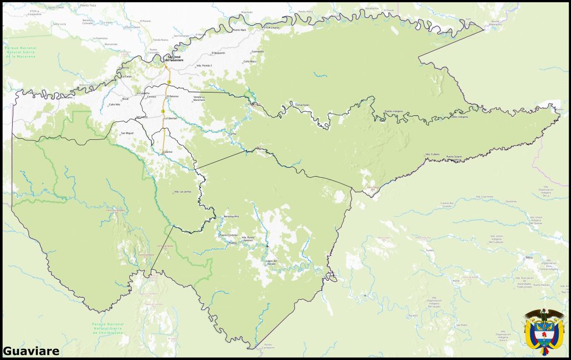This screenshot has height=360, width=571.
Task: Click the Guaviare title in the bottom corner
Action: (x=31, y=351)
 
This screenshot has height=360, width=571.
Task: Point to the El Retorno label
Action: (x=173, y=96)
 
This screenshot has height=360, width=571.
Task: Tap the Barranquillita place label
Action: (x=231, y=216)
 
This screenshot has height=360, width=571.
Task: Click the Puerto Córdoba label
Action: (x=228, y=235)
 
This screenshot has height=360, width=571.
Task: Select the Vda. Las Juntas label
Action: (x=183, y=191)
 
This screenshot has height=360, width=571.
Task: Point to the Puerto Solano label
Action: (x=454, y=157)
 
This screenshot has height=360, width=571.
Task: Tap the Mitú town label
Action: (x=529, y=258)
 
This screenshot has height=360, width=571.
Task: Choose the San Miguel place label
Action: (x=127, y=133)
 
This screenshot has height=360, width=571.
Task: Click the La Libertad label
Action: (x=170, y=119)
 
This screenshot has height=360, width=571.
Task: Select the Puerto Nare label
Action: (x=240, y=30)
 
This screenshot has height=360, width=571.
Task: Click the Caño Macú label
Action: (x=250, y=61)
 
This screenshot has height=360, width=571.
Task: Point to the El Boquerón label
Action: (x=219, y=53)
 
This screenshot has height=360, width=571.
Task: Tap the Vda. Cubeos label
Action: (x=433, y=154)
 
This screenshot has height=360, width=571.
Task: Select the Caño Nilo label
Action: (x=114, y=104)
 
